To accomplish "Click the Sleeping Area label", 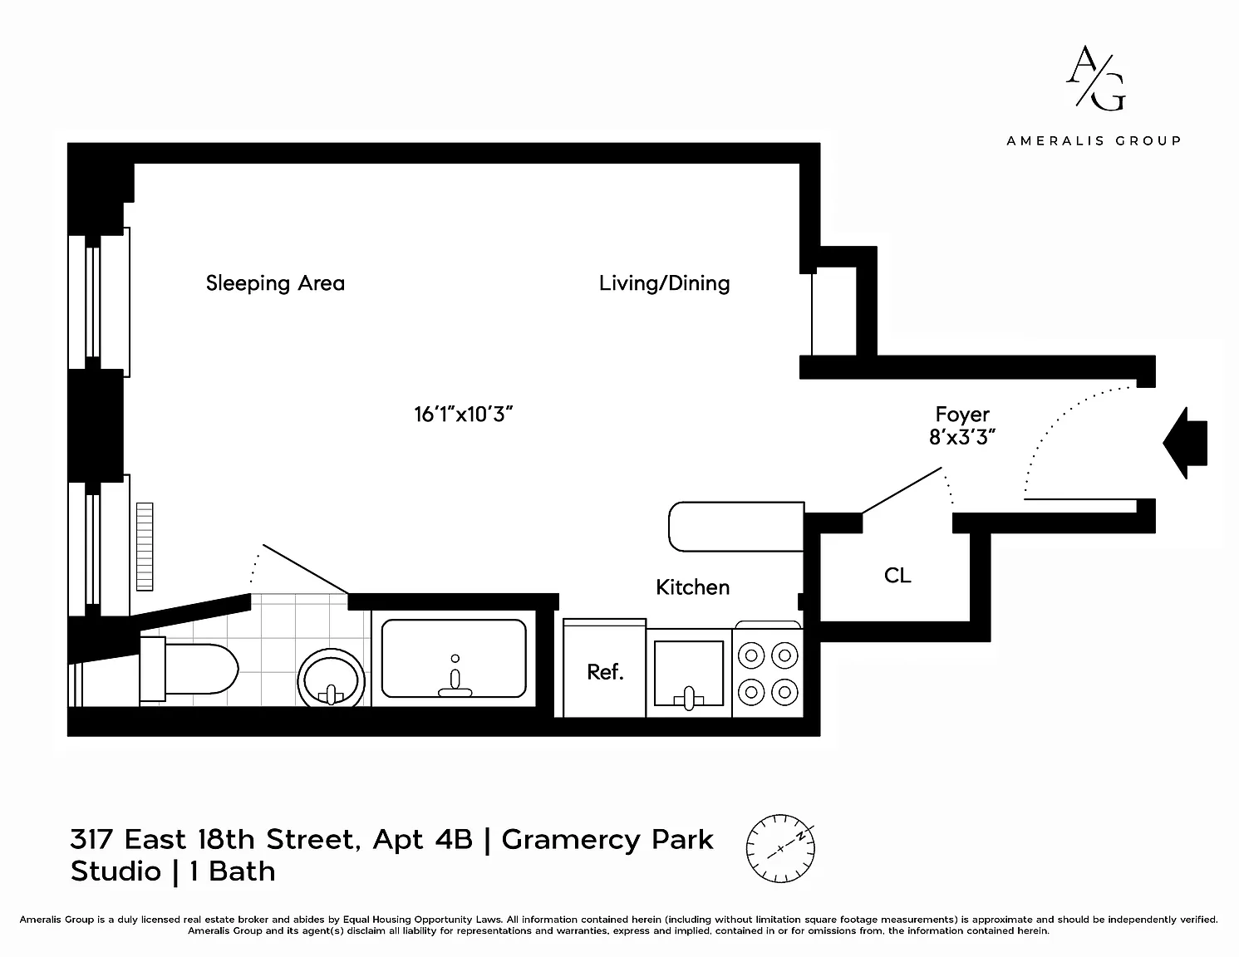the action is tap(275, 283).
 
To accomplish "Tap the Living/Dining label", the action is tap(664, 283).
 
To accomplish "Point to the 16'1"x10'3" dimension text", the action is tap(463, 415).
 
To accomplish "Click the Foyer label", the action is tap(962, 415).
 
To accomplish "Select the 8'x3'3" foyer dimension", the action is tap(962, 437).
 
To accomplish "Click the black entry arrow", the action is tap(1185, 443).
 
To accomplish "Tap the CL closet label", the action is tap(897, 576).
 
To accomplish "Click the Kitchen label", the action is tap(693, 587).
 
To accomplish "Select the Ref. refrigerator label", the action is tap(606, 672).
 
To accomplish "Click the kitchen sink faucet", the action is tap(689, 699).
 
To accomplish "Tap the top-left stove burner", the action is tap(751, 656).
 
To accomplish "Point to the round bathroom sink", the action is tap(332, 678).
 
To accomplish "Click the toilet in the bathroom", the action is tap(189, 670).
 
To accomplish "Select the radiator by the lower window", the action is tap(145, 547).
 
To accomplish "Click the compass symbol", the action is tap(780, 849).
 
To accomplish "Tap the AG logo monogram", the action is tap(1096, 78).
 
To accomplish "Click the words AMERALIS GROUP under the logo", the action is tap(1094, 140).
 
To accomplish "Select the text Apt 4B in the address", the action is tap(423, 840).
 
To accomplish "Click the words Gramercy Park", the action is tap(607, 840).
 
